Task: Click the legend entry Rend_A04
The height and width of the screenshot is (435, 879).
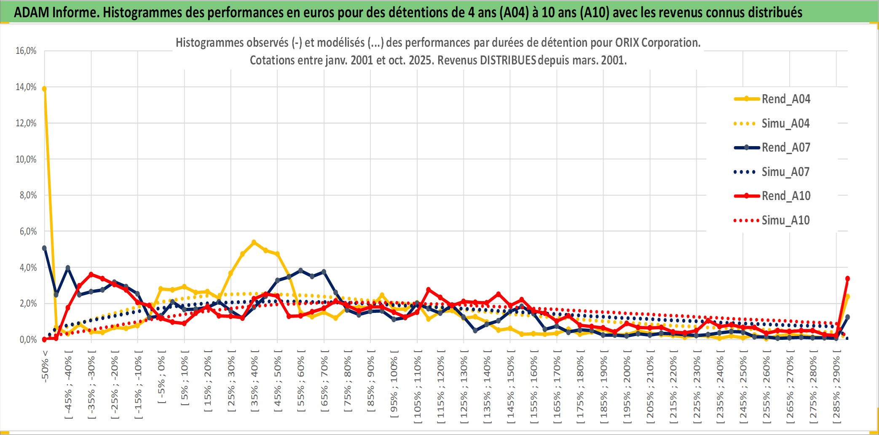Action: (785, 99)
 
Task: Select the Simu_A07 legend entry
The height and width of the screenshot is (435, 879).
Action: (785, 172)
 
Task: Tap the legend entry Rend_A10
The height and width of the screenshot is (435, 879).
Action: (785, 196)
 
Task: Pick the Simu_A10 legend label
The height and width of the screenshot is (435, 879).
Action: (785, 220)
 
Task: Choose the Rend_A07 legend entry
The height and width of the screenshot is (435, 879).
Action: (785, 147)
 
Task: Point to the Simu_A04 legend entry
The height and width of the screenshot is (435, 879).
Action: (785, 123)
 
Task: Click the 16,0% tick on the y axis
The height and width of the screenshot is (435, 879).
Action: (26, 51)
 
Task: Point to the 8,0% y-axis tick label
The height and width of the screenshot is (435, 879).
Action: (28, 195)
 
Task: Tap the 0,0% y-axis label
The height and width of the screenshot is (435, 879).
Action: (28, 340)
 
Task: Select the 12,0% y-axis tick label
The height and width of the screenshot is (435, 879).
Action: (26, 123)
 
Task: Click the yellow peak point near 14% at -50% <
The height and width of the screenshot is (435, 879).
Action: (44, 89)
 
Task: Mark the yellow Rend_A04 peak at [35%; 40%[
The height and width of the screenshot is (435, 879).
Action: (254, 242)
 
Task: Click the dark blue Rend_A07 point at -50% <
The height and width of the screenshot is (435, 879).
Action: (44, 248)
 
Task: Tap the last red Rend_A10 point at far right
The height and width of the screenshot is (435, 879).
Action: (847, 278)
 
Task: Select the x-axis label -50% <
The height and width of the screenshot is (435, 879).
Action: (45, 366)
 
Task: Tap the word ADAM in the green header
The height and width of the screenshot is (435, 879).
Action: (32, 12)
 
